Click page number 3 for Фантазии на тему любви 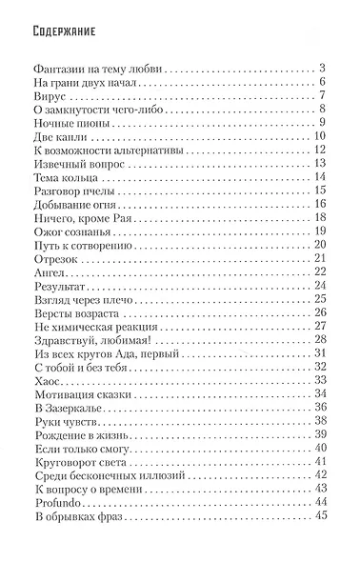pos(324,68)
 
